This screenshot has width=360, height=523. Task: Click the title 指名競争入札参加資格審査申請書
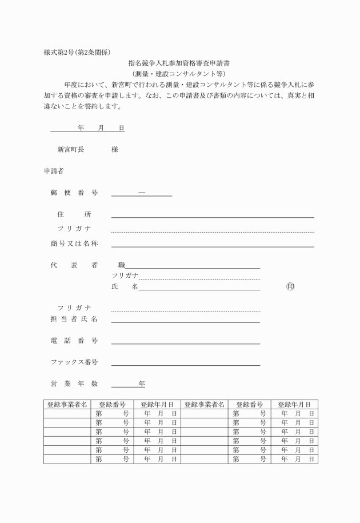pos(179,63)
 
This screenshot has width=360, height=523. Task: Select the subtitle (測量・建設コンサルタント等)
pos(179,74)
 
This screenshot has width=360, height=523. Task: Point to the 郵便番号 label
pos(74,193)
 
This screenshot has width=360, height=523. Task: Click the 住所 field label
pos(74,214)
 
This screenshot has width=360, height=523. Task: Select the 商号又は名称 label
pos(74,243)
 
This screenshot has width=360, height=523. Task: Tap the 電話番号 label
pos(74,341)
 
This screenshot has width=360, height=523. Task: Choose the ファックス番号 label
pos(74,362)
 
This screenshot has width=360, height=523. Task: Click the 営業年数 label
pos(74,384)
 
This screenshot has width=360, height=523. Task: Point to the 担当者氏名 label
pos(74,319)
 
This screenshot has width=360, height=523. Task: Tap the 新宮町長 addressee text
pos(70,149)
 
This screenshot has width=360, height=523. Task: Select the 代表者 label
pos(74,265)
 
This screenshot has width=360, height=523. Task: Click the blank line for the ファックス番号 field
pos(186,364)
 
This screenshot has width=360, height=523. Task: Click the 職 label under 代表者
pos(121,265)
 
